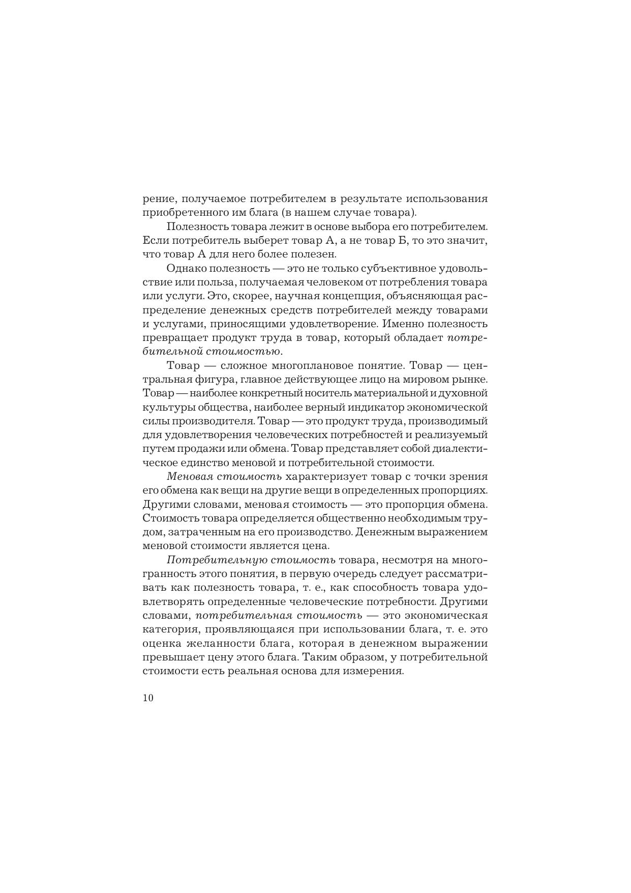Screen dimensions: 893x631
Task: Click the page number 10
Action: click(x=148, y=698)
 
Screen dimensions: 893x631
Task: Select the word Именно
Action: click(x=401, y=324)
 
